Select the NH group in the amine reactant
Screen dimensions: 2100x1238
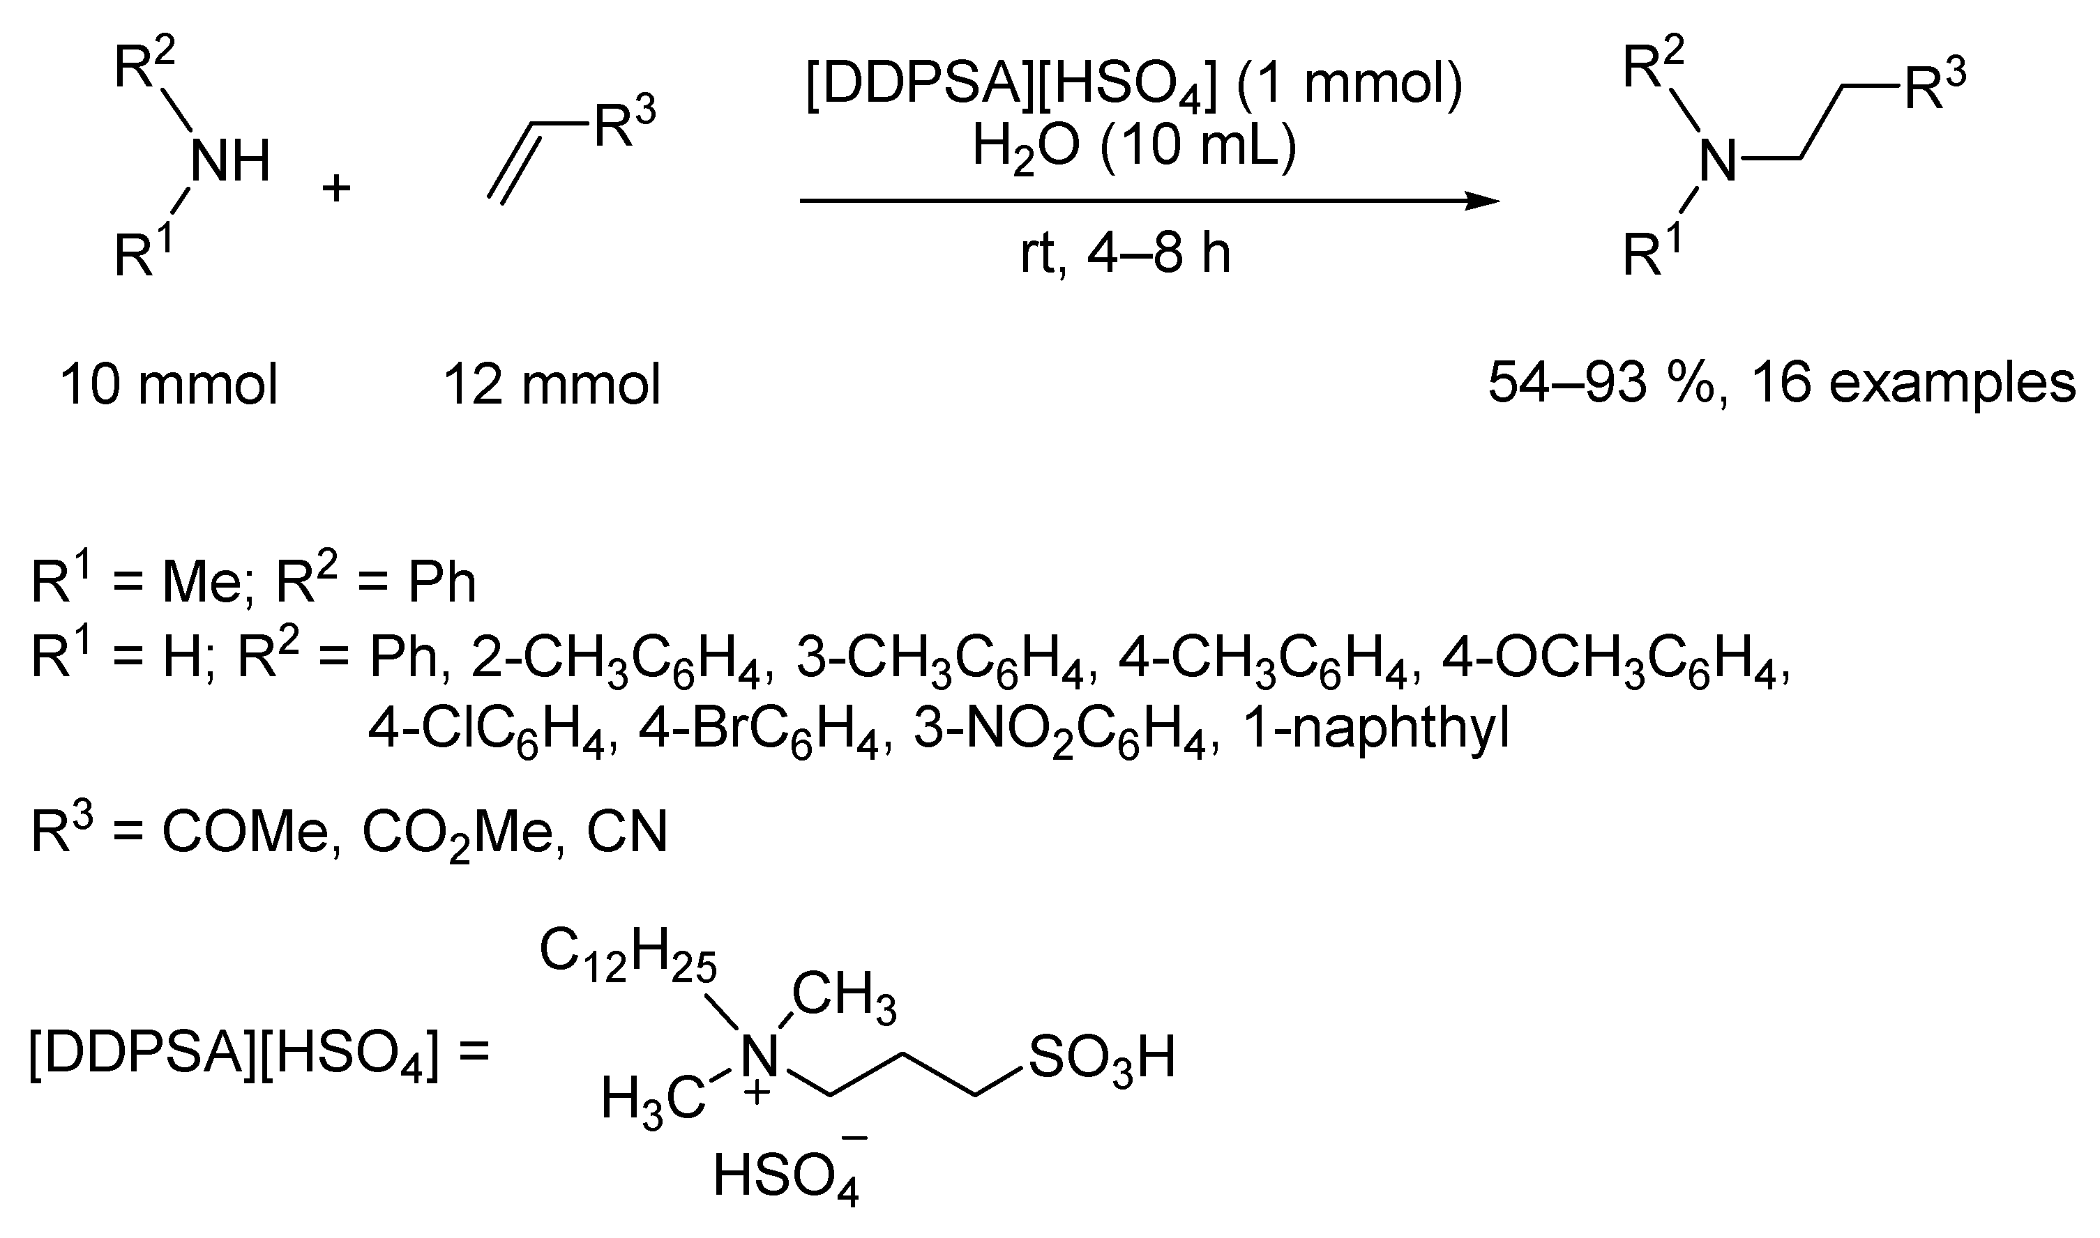click(231, 161)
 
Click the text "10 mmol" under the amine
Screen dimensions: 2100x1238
click(169, 385)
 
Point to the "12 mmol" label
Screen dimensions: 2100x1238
click(552, 385)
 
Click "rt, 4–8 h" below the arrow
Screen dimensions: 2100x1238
click(1126, 254)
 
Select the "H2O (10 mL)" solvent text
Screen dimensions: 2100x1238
click(1133, 150)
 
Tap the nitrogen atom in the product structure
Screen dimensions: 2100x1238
click(1717, 161)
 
